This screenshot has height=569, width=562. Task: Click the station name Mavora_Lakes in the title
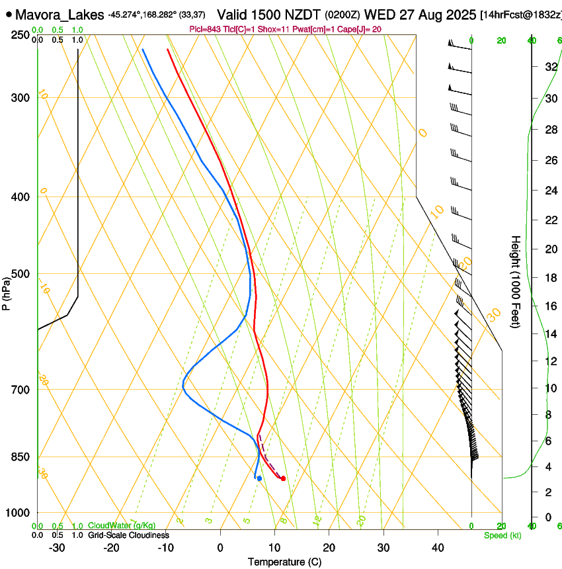click(x=59, y=14)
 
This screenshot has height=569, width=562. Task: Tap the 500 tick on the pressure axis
click(x=20, y=274)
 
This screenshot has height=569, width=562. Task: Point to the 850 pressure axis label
click(x=20, y=457)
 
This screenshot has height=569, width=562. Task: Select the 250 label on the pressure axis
click(x=20, y=35)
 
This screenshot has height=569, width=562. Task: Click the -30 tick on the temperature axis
click(x=57, y=547)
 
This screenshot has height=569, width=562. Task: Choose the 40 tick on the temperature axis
click(x=438, y=547)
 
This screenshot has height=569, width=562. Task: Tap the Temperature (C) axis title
click(x=284, y=562)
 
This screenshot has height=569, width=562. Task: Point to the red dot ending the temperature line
click(x=283, y=478)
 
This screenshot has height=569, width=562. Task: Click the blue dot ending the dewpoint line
click(x=259, y=478)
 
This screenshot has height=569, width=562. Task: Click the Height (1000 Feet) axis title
click(x=515, y=281)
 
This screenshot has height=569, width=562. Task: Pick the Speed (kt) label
click(x=502, y=535)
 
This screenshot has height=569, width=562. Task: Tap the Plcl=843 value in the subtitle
click(x=204, y=28)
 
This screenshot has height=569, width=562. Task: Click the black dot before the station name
click(x=7, y=15)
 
